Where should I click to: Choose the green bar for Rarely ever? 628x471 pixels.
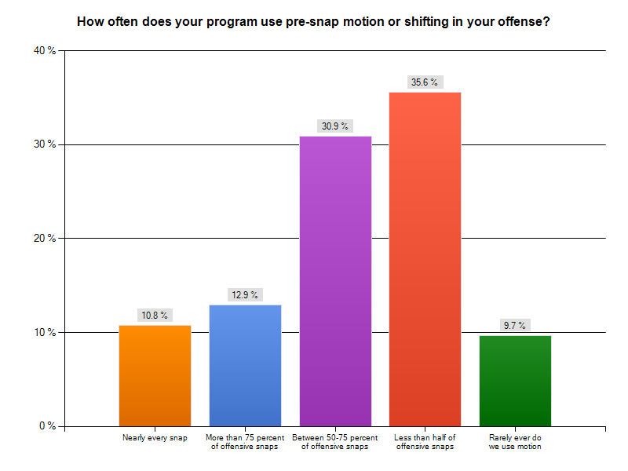(515, 381)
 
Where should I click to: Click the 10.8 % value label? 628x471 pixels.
(155, 316)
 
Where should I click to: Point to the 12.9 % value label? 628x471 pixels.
(245, 295)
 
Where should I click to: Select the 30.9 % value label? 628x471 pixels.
(335, 126)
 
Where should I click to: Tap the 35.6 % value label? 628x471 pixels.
(425, 82)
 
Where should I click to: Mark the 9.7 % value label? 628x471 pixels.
(515, 326)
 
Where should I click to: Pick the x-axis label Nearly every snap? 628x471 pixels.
(155, 437)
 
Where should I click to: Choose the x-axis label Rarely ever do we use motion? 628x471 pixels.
(515, 442)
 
